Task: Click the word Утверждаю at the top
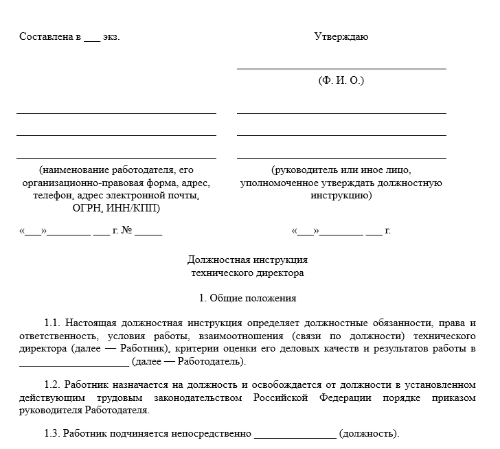point(341,36)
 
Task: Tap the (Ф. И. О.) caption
point(341,80)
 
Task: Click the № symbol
point(126,231)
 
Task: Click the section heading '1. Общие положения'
point(247,298)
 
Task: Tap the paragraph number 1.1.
point(53,323)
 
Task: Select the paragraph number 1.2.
point(53,386)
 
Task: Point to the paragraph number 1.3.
point(53,434)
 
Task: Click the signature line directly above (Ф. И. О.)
point(341,69)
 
